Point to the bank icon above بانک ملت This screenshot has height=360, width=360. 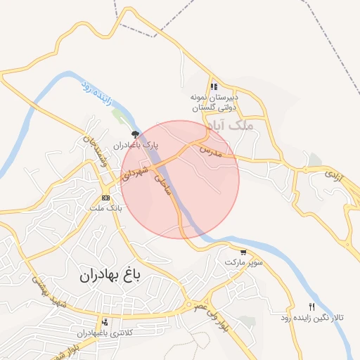(105, 197)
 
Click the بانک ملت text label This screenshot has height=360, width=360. (106, 208)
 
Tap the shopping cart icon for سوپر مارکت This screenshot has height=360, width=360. (243, 252)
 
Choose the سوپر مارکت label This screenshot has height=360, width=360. (243, 262)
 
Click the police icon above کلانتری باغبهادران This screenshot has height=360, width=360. (105, 321)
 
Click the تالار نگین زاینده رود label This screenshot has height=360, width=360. (311, 318)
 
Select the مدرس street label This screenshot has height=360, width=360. (210, 150)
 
